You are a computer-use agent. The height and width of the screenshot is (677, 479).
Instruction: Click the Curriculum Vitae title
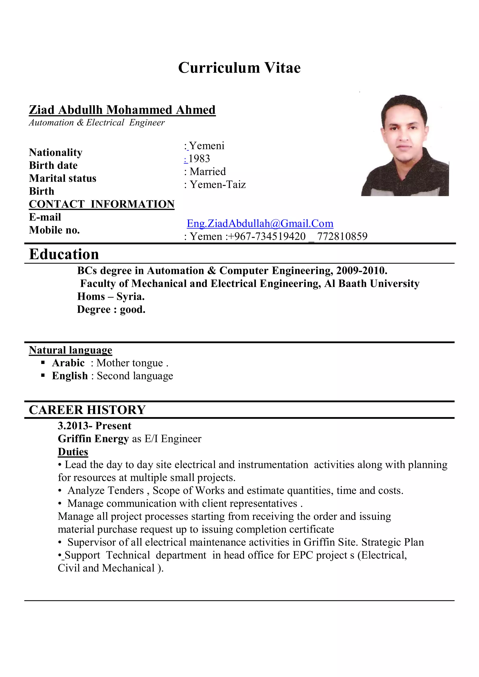tap(239, 68)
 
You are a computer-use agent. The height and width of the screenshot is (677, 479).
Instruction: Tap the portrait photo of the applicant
tap(405, 145)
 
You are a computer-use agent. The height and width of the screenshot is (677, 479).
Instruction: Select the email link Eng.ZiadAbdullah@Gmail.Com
tap(260, 223)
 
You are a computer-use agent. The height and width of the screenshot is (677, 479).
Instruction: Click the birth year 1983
tap(199, 159)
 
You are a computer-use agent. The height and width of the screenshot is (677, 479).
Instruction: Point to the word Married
tap(208, 172)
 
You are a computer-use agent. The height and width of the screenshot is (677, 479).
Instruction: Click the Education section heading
tap(64, 254)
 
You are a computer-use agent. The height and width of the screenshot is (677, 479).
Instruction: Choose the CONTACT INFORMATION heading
tap(102, 204)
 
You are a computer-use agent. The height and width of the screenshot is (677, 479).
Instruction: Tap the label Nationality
tap(55, 152)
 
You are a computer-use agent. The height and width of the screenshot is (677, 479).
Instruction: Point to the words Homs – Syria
tap(111, 296)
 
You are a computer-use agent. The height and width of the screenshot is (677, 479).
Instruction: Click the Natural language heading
tap(70, 350)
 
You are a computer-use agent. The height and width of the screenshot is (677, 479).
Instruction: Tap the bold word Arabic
tap(68, 363)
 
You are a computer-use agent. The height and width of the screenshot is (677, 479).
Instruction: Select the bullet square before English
tap(43, 375)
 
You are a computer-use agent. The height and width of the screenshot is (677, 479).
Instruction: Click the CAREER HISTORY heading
tap(87, 410)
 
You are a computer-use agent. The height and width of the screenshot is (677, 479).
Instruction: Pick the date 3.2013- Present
tap(94, 426)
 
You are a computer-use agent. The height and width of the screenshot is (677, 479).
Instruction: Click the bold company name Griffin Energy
tap(93, 439)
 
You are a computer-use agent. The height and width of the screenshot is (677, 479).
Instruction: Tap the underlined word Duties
tap(73, 452)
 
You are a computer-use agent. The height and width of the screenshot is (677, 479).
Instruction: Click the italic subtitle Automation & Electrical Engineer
tap(97, 123)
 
